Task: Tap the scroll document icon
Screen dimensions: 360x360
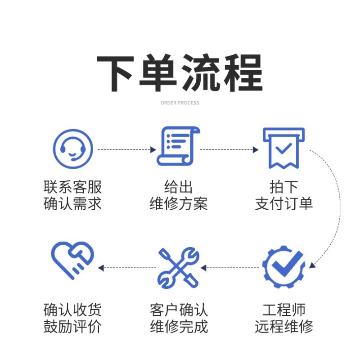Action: pyautogui.click(x=178, y=146)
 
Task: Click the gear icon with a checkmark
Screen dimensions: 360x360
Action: pyautogui.click(x=283, y=266)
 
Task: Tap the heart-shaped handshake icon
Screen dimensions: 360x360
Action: pyautogui.click(x=72, y=261)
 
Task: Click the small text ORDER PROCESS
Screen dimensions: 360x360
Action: pyautogui.click(x=180, y=103)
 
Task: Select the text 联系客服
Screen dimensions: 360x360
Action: pyautogui.click(x=73, y=187)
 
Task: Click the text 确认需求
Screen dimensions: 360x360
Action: pyautogui.click(x=73, y=204)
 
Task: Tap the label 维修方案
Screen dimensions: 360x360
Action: pyautogui.click(x=179, y=204)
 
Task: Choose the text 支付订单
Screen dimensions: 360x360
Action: pyautogui.click(x=283, y=204)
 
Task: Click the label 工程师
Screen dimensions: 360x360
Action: pyautogui.click(x=283, y=310)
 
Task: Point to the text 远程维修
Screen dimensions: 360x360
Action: pyautogui.click(x=283, y=327)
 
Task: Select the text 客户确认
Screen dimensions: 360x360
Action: pyautogui.click(x=179, y=310)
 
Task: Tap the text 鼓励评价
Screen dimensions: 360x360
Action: pyautogui.click(x=73, y=327)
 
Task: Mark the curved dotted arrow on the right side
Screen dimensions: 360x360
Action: pyautogui.click(x=334, y=211)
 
